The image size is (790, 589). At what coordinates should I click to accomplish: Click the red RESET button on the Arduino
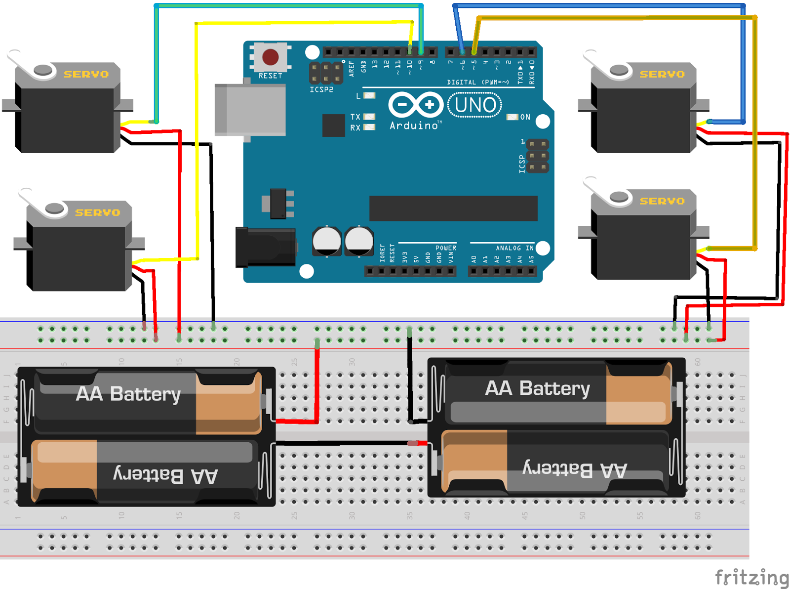point(270,57)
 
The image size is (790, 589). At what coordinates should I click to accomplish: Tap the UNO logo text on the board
point(475,105)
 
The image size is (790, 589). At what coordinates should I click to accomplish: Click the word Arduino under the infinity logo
point(414,126)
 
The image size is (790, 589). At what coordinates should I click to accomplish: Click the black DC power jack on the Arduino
point(265,247)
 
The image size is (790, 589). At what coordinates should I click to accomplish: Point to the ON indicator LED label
point(525,117)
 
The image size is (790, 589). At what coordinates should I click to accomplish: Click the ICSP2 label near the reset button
point(321,89)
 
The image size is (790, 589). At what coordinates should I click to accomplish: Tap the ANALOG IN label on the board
point(514,248)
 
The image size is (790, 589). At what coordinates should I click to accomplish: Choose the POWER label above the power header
point(445,248)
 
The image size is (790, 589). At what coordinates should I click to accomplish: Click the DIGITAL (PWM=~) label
point(477,83)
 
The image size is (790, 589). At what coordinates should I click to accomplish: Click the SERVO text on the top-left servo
point(86,75)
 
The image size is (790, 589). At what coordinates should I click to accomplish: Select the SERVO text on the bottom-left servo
point(97,213)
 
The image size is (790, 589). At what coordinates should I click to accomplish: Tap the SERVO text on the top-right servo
point(662,75)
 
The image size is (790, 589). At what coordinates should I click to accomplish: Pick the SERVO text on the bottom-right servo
point(662,201)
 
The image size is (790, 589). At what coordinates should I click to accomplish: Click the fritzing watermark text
point(751,577)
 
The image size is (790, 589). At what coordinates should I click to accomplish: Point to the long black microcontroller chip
point(453,208)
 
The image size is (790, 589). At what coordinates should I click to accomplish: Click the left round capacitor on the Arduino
point(326,241)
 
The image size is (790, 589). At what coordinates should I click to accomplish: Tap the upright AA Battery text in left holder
point(128,394)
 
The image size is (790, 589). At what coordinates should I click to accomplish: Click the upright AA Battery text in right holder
point(537,388)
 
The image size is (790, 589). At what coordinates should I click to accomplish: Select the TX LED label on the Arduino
point(355,117)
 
